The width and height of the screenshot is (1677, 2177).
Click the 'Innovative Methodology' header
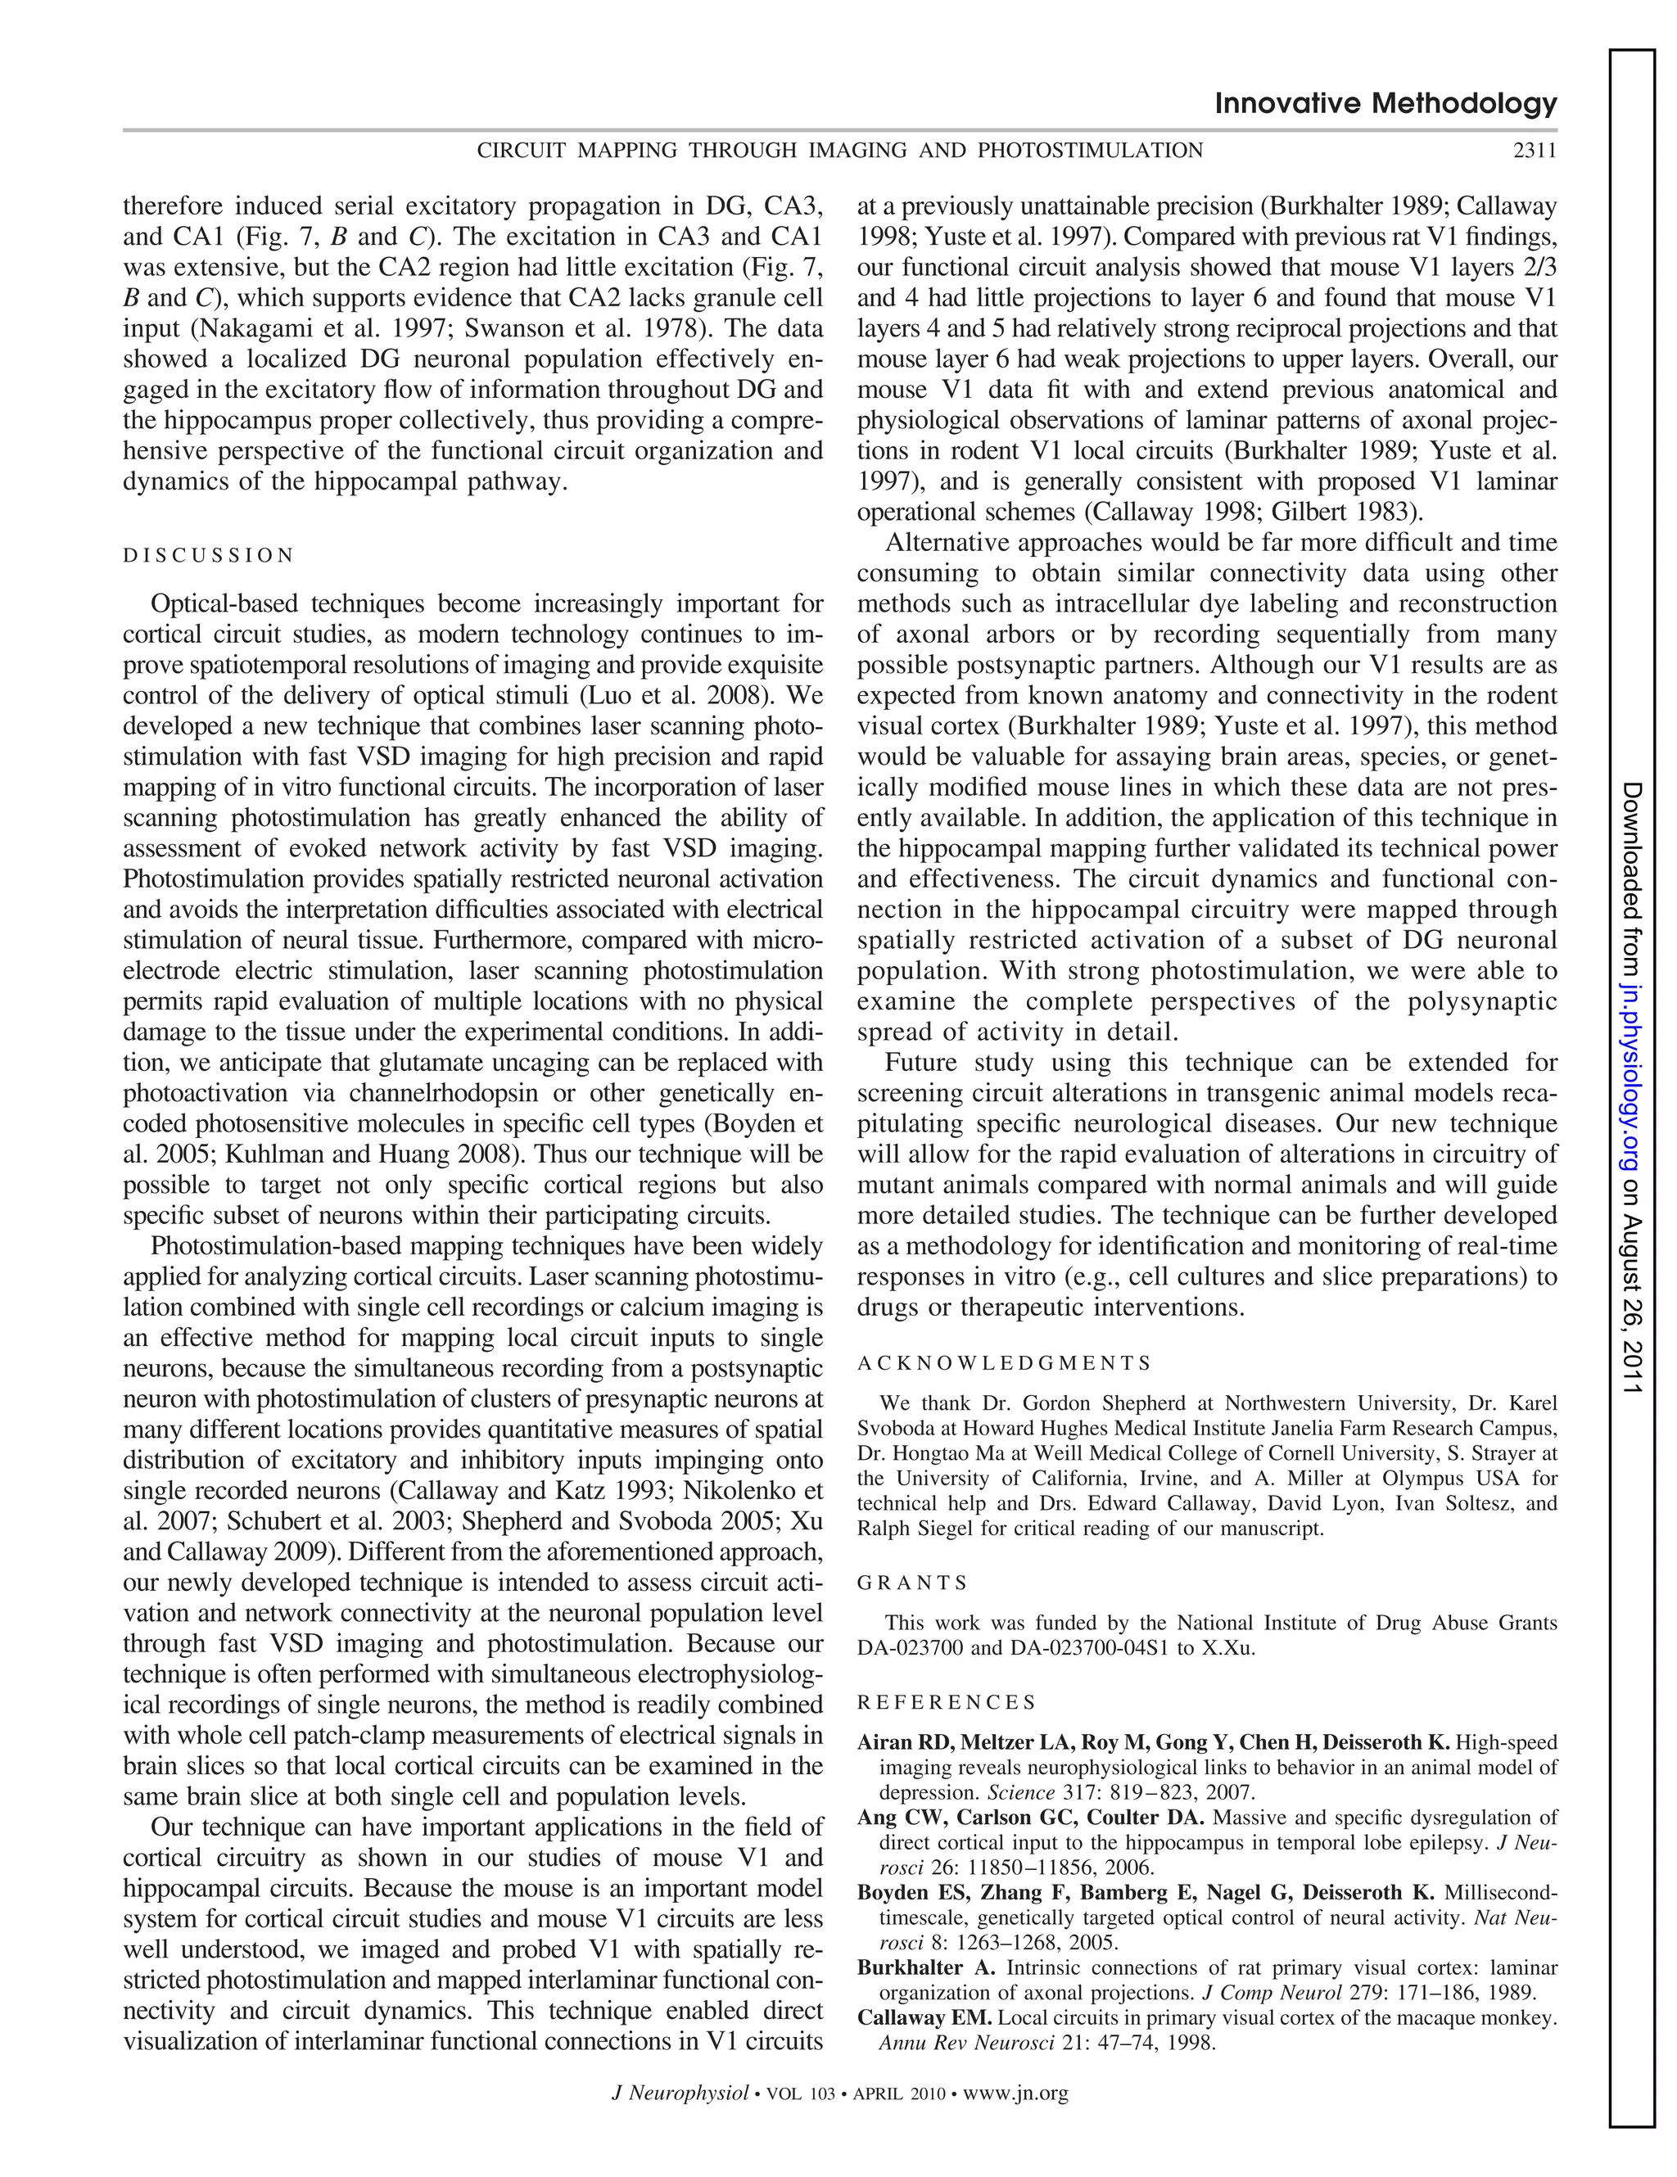pyautogui.click(x=1385, y=104)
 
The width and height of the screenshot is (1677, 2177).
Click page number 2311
pyautogui.click(x=1535, y=151)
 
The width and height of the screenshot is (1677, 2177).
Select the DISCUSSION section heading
pyautogui.click(x=208, y=555)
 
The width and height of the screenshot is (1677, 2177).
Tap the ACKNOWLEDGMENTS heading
pyautogui.click(x=1003, y=1362)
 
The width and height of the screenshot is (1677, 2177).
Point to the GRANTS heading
pyautogui.click(x=911, y=1582)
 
